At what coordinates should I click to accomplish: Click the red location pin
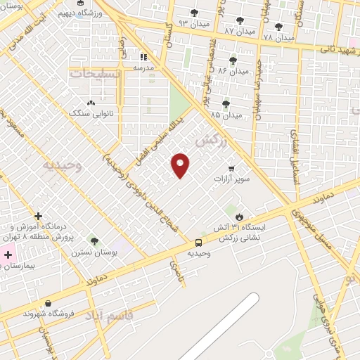[181, 165]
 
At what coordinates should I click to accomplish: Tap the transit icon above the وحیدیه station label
[200, 243]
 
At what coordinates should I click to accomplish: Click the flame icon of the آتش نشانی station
[240, 217]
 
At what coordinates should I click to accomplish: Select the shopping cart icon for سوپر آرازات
[230, 169]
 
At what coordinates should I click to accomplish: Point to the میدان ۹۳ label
[194, 23]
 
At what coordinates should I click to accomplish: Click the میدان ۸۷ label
[239, 31]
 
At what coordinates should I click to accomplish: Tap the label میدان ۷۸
[278, 37]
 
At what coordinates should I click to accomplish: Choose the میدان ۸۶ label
[233, 71]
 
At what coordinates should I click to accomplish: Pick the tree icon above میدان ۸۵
[226, 104]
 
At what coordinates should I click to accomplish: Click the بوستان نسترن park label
[96, 252]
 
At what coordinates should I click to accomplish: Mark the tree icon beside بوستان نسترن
[94, 242]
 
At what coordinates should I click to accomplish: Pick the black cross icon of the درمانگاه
[38, 216]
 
